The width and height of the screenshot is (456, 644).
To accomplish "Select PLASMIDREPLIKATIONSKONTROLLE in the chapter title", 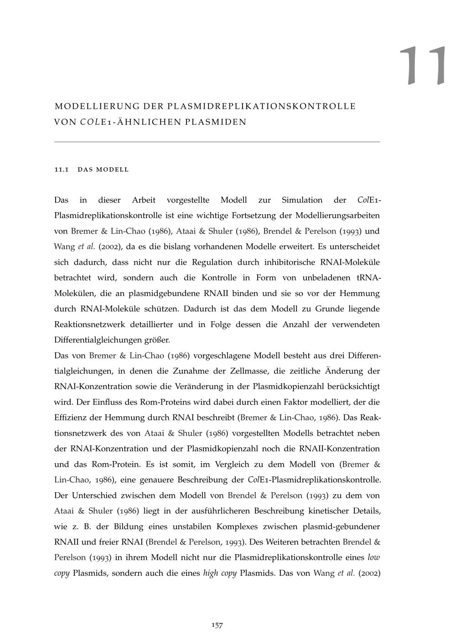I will coord(262,107).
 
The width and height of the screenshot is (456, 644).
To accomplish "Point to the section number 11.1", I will coord(61,170).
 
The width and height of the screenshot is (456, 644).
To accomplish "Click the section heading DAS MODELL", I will coord(104,170).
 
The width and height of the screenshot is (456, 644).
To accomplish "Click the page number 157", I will coord(217,625).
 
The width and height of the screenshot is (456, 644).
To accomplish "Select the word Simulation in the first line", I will coord(302,200).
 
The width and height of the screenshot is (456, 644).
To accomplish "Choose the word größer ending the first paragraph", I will coord(157,340).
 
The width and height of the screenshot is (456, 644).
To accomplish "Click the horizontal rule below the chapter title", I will coord(217,142).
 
